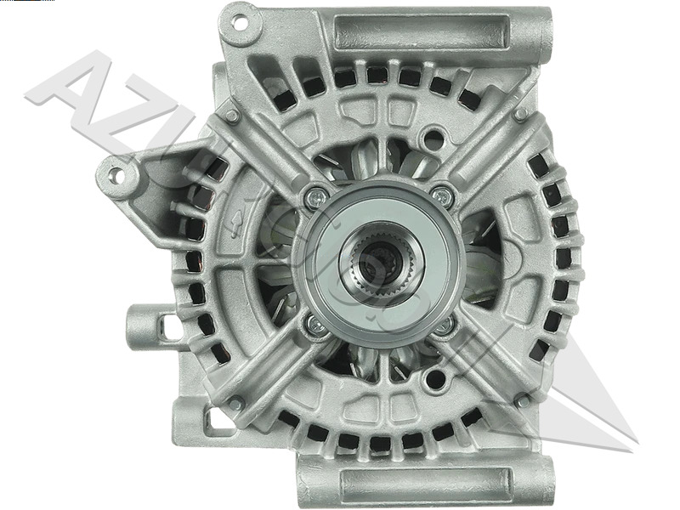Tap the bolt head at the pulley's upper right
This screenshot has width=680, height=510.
[x=440, y=195]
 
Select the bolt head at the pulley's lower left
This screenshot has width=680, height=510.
[x=315, y=322]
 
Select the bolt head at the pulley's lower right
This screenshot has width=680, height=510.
[x=444, y=325]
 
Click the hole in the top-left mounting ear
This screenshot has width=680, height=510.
[x=240, y=23]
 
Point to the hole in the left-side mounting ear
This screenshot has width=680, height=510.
[x=115, y=176]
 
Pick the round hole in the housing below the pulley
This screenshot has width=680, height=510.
[x=435, y=377]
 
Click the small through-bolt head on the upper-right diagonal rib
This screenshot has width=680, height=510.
[x=520, y=114]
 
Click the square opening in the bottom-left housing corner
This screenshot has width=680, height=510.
[x=219, y=421]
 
